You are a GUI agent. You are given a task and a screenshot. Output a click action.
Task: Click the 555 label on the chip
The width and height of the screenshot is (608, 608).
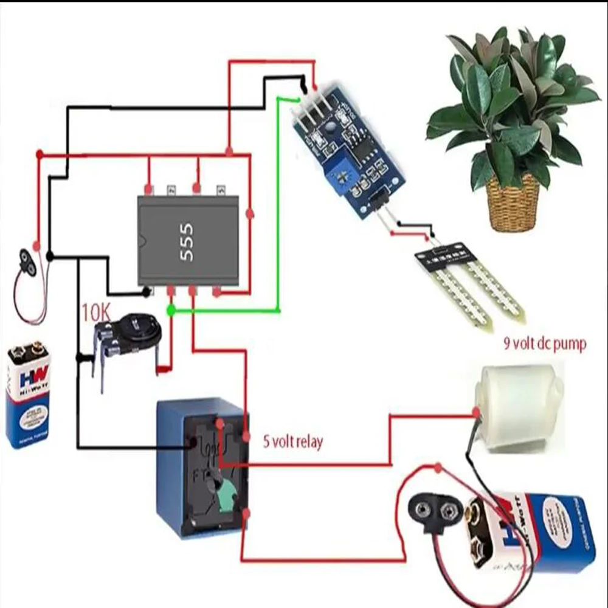tap(187, 242)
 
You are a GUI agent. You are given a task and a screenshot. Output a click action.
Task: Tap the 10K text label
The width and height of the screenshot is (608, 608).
tap(96, 313)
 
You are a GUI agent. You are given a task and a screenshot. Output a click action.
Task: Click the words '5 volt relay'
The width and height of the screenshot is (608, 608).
tap(292, 441)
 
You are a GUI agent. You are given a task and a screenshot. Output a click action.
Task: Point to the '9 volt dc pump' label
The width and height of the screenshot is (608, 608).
tap(545, 345)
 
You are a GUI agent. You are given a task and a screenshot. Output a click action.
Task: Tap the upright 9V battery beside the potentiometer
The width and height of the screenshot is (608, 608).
tap(27, 395)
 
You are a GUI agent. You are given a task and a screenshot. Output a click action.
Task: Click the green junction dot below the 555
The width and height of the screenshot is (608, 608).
tap(171, 311)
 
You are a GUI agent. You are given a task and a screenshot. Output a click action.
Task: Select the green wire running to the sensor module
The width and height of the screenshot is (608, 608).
tap(278, 207)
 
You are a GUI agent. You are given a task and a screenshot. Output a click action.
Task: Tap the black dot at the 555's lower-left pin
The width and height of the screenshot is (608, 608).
tap(146, 292)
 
